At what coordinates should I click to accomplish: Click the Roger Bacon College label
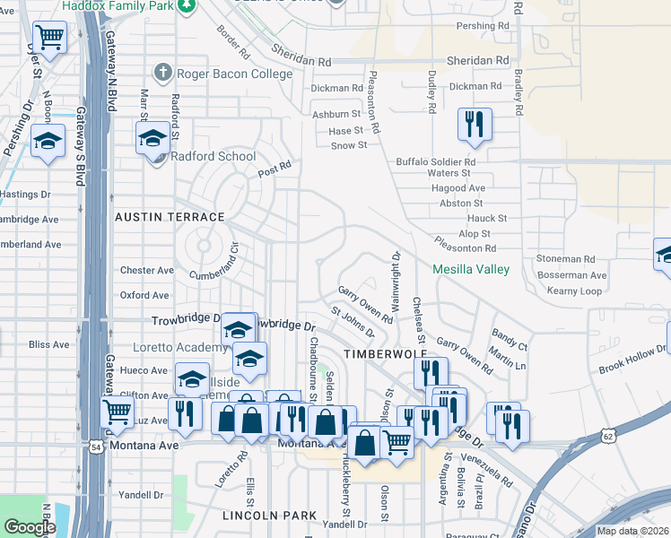227,74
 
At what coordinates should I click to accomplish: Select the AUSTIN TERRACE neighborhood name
169,217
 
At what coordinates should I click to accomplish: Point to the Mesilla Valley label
470,269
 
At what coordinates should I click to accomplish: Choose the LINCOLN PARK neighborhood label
269,516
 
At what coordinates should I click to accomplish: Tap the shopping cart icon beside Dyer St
49,38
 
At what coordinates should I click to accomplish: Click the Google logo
30,526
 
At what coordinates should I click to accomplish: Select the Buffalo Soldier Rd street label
435,161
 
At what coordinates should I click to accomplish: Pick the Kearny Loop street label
574,291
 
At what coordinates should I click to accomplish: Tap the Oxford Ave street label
144,295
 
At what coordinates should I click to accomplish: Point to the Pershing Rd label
482,27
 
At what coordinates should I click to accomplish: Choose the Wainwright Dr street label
395,277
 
